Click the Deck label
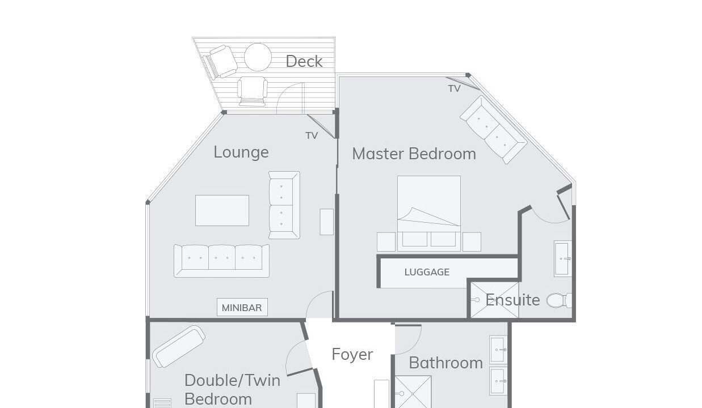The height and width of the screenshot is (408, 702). point(304,61)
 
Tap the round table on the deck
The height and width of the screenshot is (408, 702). point(258,57)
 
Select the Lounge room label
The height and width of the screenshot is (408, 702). point(241,152)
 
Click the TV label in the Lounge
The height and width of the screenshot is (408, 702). point(312,135)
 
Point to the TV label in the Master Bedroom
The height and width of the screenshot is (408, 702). point(454,89)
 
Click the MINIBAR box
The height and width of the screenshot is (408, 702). point(242,307)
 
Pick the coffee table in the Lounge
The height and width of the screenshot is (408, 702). point(222,210)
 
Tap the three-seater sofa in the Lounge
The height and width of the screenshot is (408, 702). point(221,261)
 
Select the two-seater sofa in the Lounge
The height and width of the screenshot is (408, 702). point(284,205)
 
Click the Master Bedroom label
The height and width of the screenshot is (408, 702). point(414,154)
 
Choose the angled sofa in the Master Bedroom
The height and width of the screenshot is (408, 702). point(494,130)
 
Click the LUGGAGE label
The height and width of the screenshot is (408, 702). point(427,272)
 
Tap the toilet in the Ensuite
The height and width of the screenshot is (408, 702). point(559,300)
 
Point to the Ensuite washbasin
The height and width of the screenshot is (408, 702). point(563,258)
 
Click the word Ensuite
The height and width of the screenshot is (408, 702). point(512,300)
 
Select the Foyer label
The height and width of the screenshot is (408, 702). point(352,355)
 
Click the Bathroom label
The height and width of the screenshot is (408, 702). point(445,363)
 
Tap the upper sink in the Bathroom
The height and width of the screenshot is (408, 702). point(498,349)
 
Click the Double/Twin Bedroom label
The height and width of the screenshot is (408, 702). point(232,390)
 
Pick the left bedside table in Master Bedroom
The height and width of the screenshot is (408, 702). point(386,242)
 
